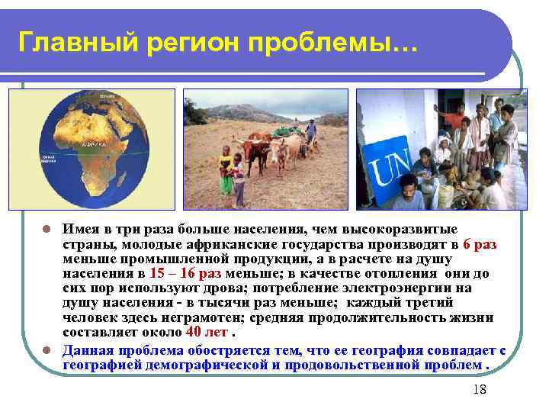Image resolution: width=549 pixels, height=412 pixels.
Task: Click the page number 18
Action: [480, 390]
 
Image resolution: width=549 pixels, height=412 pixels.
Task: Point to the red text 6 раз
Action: [479, 243]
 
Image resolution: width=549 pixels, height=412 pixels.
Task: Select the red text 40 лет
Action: [207, 332]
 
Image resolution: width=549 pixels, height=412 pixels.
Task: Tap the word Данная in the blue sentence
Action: [91, 350]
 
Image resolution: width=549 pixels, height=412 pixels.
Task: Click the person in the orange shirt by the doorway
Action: [456, 122]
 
